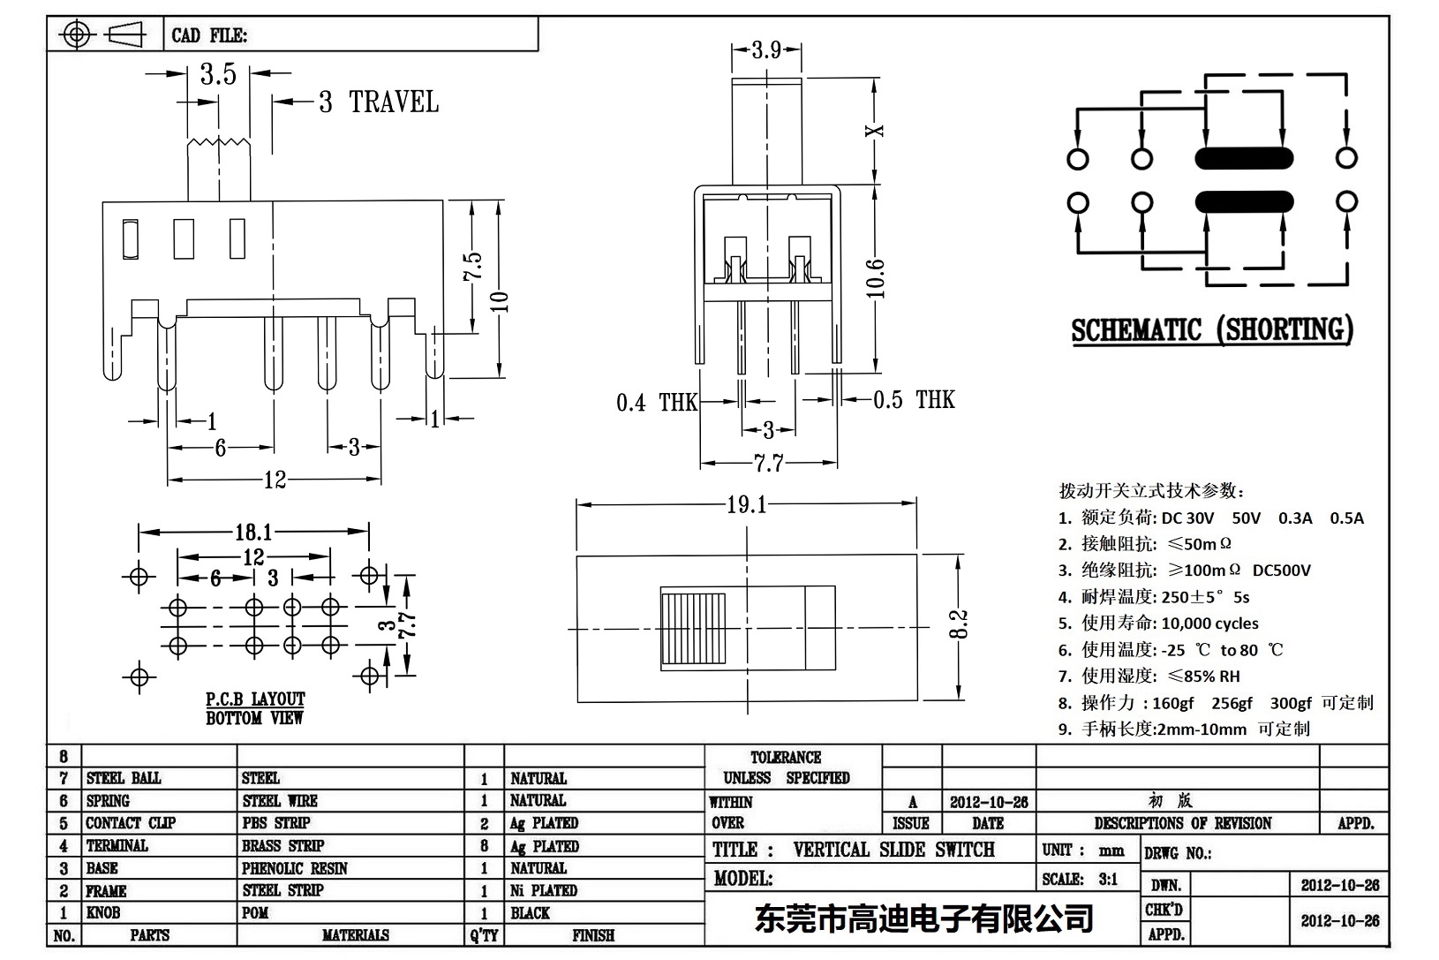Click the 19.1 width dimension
click(747, 504)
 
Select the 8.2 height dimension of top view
click(961, 624)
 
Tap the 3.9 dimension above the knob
click(766, 50)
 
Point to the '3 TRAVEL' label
click(379, 102)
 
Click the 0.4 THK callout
click(656, 403)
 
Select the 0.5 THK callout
click(914, 400)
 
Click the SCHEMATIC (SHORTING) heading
click(1211, 330)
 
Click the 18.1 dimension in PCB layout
click(253, 532)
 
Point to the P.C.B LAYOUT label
click(255, 699)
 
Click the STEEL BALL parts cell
click(124, 778)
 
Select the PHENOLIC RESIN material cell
click(295, 868)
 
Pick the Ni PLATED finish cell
click(544, 890)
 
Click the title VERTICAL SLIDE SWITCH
click(893, 850)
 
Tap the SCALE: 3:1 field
click(1080, 879)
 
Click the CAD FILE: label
click(209, 35)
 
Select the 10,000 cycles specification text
click(1209, 624)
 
